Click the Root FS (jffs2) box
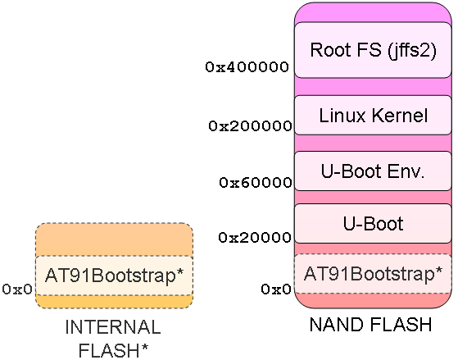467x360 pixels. [373, 49]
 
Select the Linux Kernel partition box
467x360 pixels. [373, 116]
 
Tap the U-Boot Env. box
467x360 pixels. [373, 171]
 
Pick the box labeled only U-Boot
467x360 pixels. [373, 223]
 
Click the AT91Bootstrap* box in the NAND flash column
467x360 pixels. [373, 273]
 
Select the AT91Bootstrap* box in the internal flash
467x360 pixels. [114, 276]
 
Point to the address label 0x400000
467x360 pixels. [247, 67]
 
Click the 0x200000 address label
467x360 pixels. [250, 126]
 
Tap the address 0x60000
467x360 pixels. [255, 182]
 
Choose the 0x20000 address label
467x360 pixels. [255, 238]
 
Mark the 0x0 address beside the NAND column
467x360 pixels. [276, 289]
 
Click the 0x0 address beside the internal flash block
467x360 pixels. [17, 289]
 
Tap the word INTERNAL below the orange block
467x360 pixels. [113, 327]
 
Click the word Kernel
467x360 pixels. [398, 116]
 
